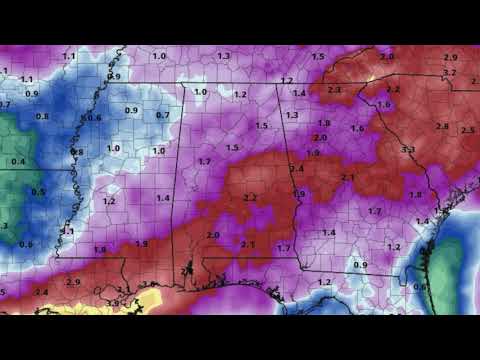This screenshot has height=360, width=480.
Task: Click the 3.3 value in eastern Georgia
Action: (408, 149)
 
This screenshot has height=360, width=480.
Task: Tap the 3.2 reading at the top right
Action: (449, 72)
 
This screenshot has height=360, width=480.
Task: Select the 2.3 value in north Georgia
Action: (334, 90)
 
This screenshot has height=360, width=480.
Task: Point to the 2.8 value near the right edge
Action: (442, 126)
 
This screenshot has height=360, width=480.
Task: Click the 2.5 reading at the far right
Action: (468, 130)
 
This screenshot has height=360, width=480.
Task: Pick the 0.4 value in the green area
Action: (18, 161)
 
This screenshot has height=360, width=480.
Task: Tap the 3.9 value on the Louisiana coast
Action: (113, 302)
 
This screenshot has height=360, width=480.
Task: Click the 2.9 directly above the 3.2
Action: (450, 58)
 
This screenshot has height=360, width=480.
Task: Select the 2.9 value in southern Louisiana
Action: (73, 282)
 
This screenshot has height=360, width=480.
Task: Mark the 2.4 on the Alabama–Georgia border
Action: (297, 168)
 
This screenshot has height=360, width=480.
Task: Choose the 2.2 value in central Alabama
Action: (250, 198)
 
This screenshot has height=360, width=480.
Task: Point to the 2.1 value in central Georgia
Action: (348, 177)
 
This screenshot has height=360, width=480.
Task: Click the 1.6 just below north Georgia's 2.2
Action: (383, 104)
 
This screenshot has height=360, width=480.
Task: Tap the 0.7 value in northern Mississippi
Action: (162, 115)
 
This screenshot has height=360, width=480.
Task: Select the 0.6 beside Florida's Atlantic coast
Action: (419, 287)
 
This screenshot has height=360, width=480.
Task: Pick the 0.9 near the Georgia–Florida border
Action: (360, 264)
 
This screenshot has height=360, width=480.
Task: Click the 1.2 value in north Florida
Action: (324, 282)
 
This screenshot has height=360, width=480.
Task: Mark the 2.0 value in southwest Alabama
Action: (213, 235)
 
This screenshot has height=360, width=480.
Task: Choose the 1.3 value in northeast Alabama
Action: (292, 115)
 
